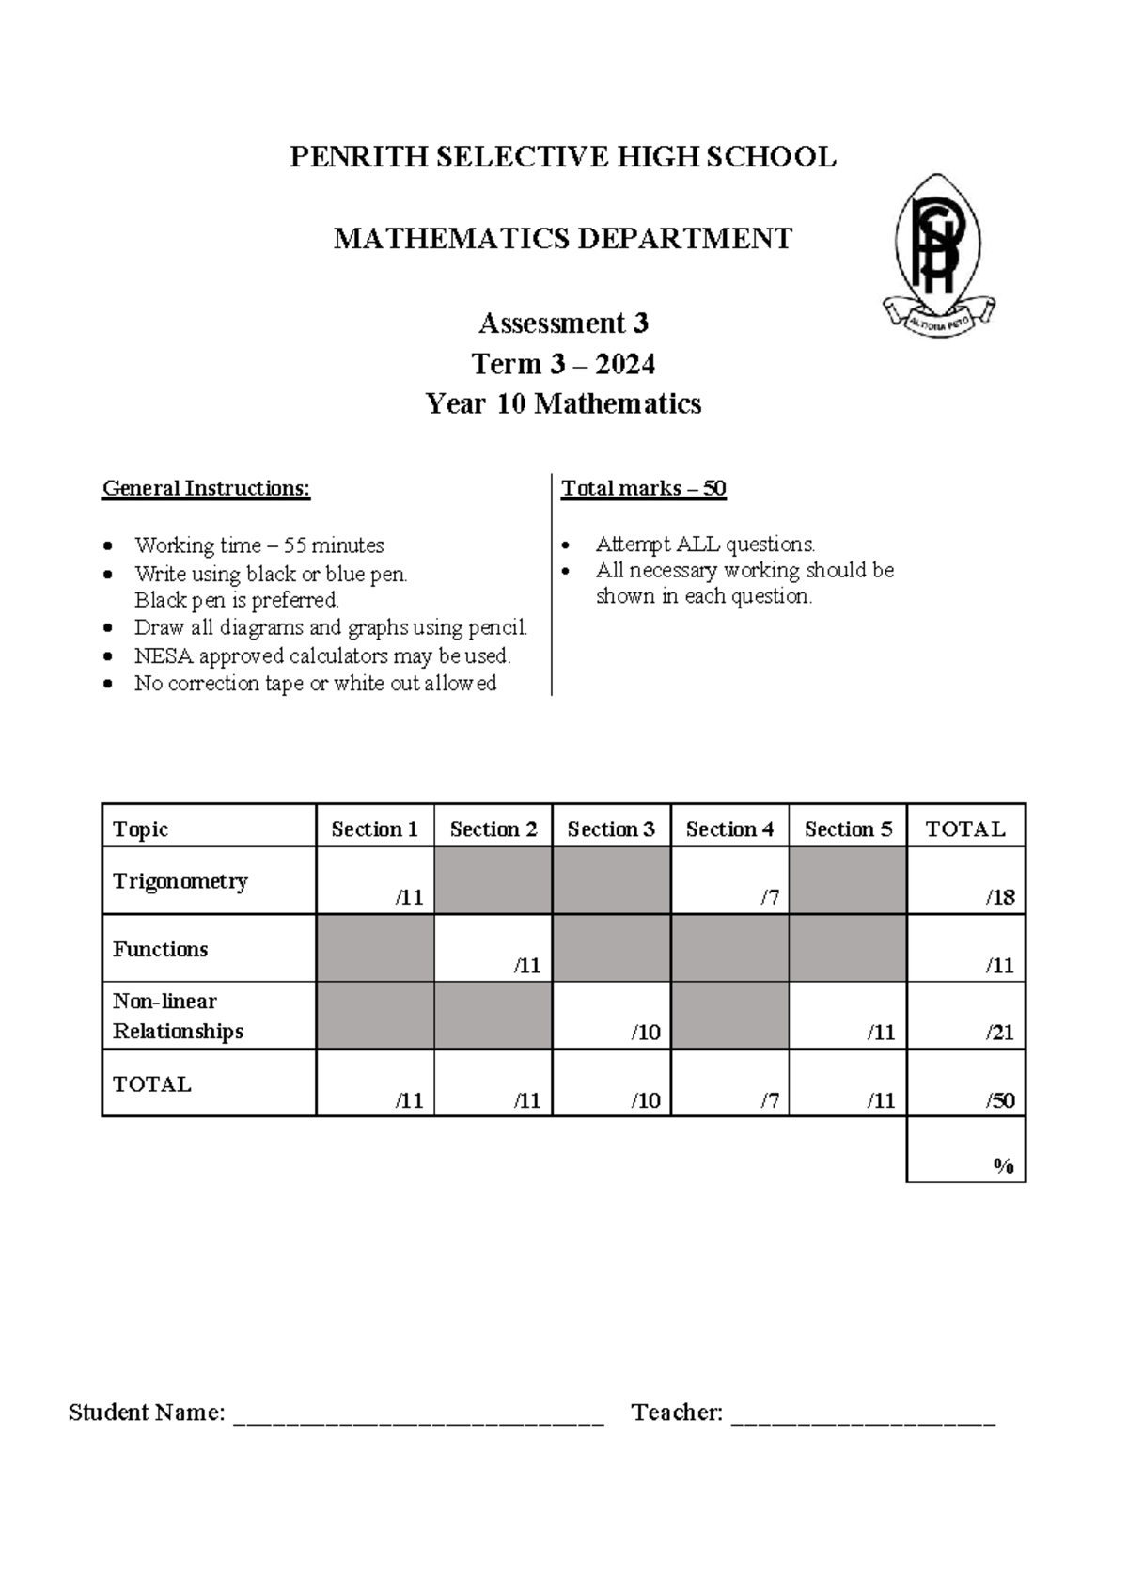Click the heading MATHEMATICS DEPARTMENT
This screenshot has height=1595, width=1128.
563,239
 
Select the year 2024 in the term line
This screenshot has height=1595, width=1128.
625,364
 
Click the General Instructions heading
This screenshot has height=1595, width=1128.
206,488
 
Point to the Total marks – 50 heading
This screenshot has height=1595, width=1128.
643,488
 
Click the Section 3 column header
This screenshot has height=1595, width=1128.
611,829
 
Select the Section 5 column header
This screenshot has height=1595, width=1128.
848,829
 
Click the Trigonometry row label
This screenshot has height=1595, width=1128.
180,881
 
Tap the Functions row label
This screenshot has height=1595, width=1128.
161,949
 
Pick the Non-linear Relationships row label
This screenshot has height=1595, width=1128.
178,1016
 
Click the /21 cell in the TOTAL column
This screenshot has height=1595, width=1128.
966,1017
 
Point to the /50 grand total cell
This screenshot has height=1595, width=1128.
966,1084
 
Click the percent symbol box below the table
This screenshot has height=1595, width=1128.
966,1150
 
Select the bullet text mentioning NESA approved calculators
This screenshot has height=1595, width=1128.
322,655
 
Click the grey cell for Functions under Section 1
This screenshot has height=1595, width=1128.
375,949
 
